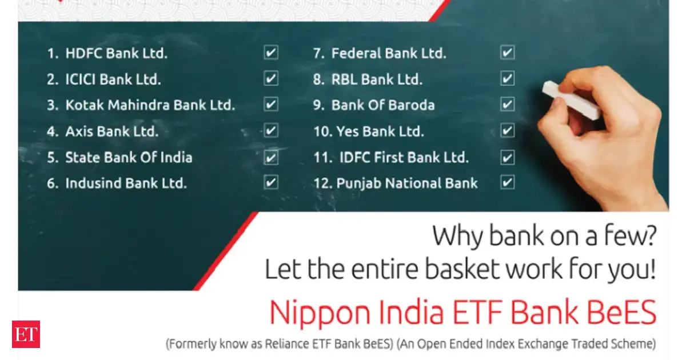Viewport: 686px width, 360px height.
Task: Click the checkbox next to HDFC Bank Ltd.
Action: point(271,53)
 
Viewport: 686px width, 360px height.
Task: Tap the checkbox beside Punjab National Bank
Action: point(507,183)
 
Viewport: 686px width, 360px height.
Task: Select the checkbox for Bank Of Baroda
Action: point(507,105)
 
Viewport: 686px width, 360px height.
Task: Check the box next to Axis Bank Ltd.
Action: point(271,131)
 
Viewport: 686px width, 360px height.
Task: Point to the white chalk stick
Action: point(571,100)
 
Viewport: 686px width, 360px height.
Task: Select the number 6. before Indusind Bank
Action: point(53,183)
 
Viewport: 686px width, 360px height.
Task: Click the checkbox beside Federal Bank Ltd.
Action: point(507,53)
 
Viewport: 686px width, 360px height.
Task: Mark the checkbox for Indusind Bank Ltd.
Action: point(271,183)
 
